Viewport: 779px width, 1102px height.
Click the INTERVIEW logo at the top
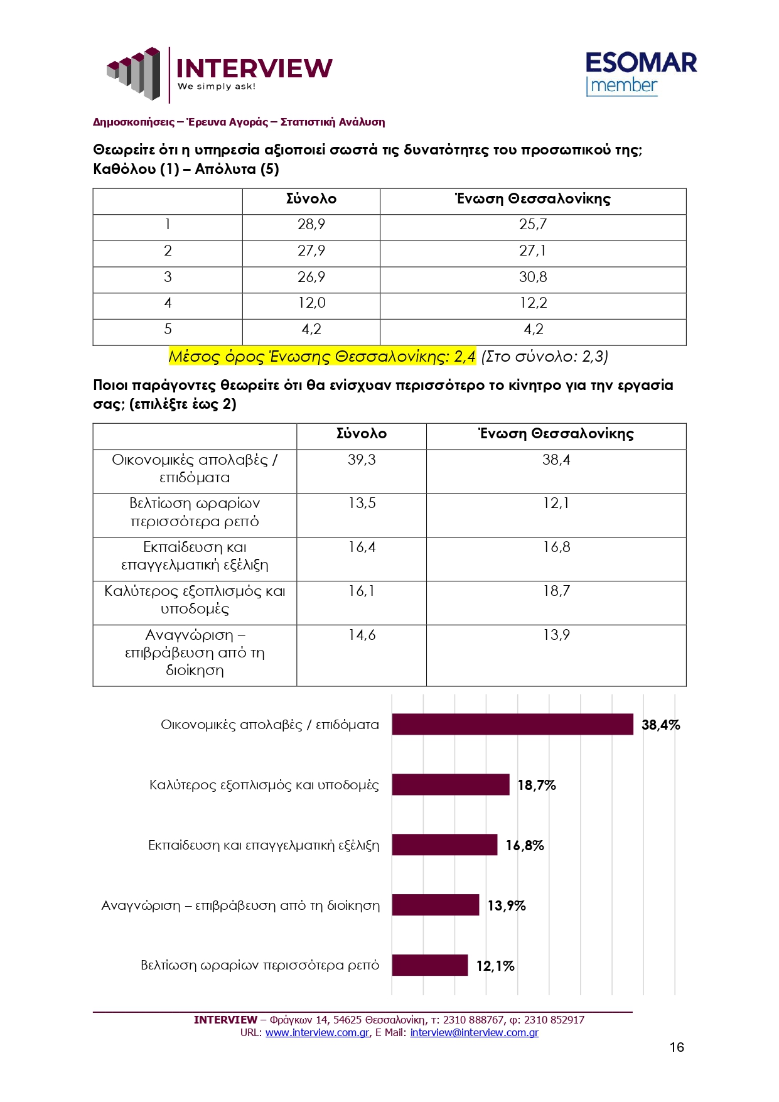(x=220, y=73)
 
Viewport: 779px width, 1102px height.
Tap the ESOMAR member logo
(x=640, y=73)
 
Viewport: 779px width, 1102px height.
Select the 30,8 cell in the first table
(x=533, y=277)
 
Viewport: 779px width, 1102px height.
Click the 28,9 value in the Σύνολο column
(x=311, y=225)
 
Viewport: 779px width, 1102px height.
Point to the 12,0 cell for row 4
(x=311, y=303)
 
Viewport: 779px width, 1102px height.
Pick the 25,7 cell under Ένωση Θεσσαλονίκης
(x=533, y=225)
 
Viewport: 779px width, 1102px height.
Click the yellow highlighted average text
(x=322, y=357)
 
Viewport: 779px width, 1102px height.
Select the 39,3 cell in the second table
(x=362, y=460)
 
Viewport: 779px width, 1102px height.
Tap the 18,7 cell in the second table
(x=556, y=592)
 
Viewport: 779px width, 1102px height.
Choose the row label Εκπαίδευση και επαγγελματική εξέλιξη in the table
(x=195, y=556)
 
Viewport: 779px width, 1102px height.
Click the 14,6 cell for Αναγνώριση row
(x=362, y=635)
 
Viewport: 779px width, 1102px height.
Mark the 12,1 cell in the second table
(x=556, y=504)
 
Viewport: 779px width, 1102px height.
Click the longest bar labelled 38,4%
(x=512, y=725)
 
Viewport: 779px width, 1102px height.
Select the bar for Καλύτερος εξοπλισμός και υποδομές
(x=451, y=785)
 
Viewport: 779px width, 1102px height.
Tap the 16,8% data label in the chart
(x=525, y=846)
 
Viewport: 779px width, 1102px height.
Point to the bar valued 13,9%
(x=436, y=905)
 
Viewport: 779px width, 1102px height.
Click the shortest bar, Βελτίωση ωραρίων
(x=430, y=966)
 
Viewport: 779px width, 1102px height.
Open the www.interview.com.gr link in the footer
(x=317, y=1033)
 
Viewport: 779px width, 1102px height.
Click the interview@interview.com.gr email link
(x=474, y=1033)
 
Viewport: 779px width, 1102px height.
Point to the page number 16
(x=677, y=1047)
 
